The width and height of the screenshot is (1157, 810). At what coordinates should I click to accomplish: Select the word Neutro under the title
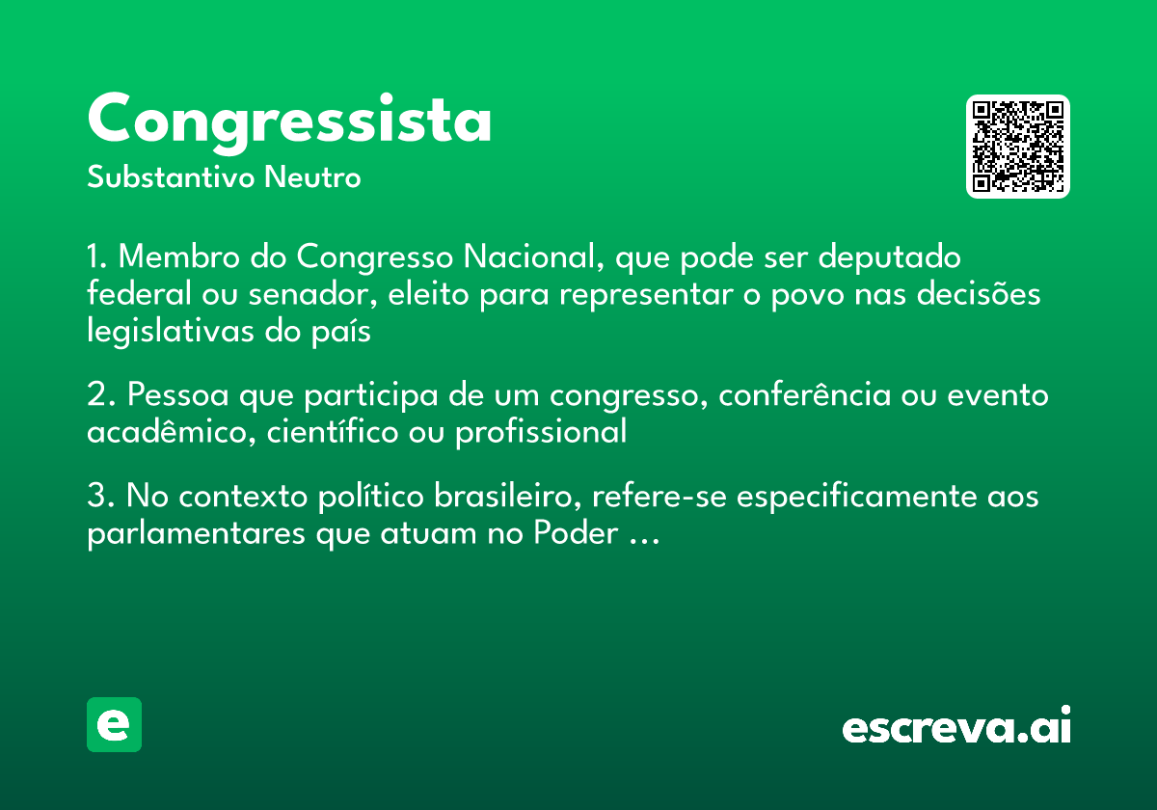coord(312,178)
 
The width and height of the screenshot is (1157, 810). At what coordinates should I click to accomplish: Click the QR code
coord(1018,147)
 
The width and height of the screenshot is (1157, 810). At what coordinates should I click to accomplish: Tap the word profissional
coord(541,432)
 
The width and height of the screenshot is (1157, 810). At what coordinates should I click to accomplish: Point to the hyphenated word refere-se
coord(663,498)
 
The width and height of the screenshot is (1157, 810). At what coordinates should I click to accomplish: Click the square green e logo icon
coord(114,725)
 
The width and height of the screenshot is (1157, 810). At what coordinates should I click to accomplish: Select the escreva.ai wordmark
coord(956,726)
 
